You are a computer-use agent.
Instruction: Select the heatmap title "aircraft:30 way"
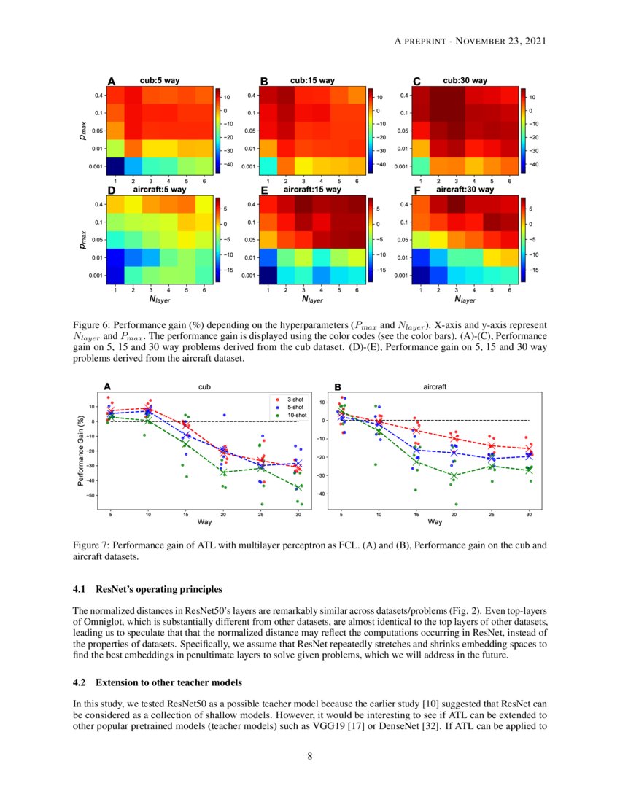[x=465, y=190]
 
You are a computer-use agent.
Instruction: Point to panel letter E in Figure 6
[x=264, y=191]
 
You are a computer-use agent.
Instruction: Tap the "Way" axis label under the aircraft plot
[x=435, y=522]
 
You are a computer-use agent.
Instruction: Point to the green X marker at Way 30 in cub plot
[x=298, y=488]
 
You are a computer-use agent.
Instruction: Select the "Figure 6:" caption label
[x=93, y=323]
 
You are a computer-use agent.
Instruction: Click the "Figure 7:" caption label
[x=93, y=545]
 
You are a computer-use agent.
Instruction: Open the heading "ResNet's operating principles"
[x=159, y=589]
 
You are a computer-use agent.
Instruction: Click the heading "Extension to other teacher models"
[x=168, y=684]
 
